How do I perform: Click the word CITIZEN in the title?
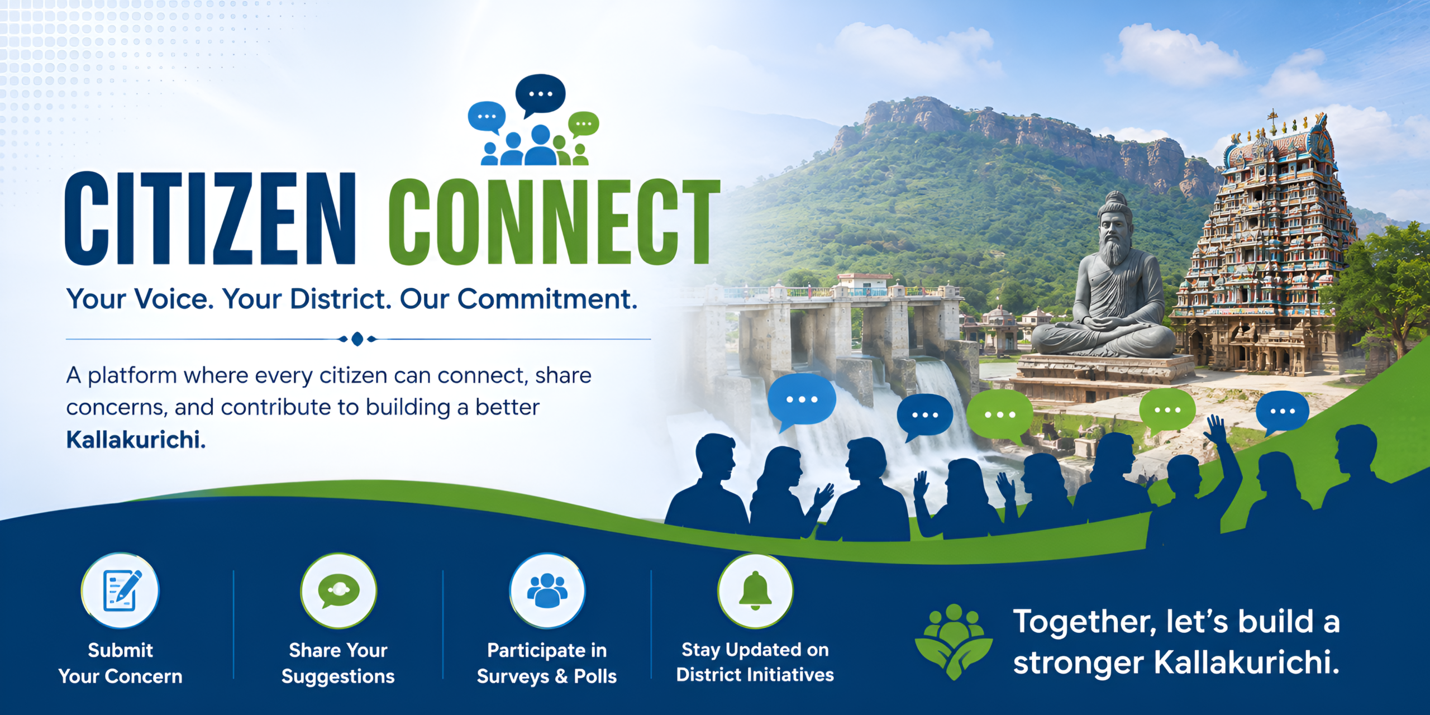(210, 218)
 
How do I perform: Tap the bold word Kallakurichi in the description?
(136, 440)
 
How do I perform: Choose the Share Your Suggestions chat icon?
(339, 590)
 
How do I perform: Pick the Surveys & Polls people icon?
(547, 590)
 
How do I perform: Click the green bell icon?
(755, 591)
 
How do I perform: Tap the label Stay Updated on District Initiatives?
(755, 662)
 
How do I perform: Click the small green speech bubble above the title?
(583, 124)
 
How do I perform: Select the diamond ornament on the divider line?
(357, 339)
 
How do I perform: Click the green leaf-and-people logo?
(954, 641)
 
